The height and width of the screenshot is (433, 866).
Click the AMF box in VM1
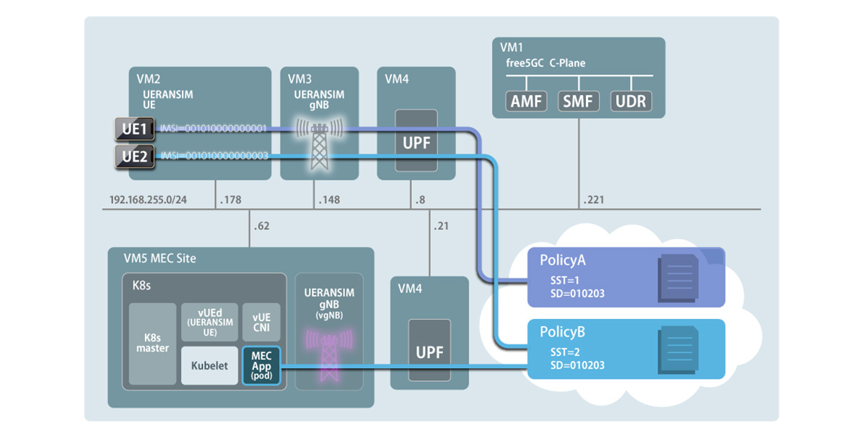click(x=527, y=102)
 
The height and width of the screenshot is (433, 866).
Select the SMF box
click(x=579, y=102)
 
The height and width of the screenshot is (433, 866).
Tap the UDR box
click(x=631, y=102)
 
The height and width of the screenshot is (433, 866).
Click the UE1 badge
click(x=135, y=130)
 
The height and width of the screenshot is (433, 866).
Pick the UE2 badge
click(x=135, y=155)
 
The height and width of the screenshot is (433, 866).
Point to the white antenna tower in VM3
click(x=319, y=144)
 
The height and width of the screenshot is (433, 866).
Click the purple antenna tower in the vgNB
click(x=328, y=346)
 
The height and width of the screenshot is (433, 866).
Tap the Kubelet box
click(x=209, y=365)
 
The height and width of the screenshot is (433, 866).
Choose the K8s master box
click(x=152, y=344)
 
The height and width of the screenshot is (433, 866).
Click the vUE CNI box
click(x=261, y=321)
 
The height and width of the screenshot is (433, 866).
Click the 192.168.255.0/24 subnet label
click(x=148, y=199)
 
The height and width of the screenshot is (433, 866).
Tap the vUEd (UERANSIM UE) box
click(x=209, y=321)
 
